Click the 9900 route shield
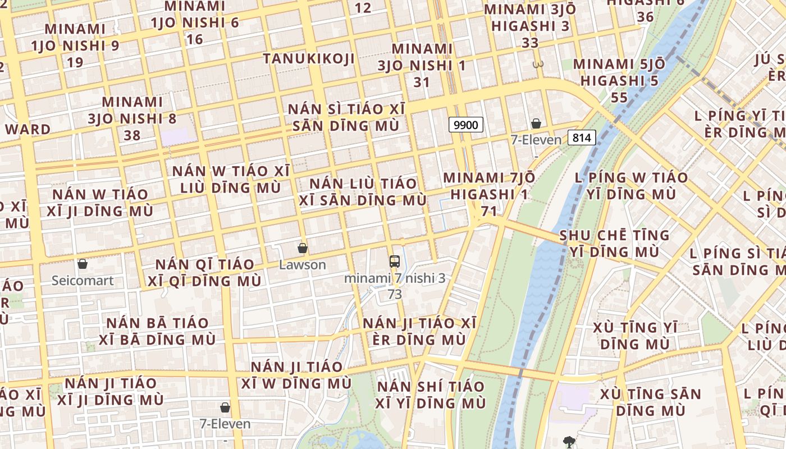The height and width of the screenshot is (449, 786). [x=466, y=125]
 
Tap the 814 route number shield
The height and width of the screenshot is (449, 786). [x=581, y=137]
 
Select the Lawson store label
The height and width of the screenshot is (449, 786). [x=303, y=265]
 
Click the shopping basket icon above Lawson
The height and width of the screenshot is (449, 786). [x=303, y=248]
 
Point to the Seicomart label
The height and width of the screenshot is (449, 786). [x=83, y=281]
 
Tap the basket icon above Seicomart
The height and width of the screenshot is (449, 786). [x=83, y=263]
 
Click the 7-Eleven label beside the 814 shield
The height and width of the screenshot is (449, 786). [x=536, y=140]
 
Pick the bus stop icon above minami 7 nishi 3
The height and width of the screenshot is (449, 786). [x=395, y=261]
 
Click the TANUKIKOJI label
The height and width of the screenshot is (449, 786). [x=309, y=59]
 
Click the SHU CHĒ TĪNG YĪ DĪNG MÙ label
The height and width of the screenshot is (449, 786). [x=614, y=243]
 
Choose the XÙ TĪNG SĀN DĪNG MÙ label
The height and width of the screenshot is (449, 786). [x=651, y=402]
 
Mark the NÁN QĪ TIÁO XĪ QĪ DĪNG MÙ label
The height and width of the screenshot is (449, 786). [x=204, y=272]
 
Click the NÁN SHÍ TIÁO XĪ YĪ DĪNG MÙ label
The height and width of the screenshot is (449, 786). [x=431, y=395]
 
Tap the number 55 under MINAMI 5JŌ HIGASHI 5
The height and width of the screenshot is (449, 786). [x=619, y=98]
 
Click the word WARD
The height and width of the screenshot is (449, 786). [x=28, y=129]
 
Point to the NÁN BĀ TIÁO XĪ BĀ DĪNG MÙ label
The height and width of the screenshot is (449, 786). [x=157, y=331]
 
